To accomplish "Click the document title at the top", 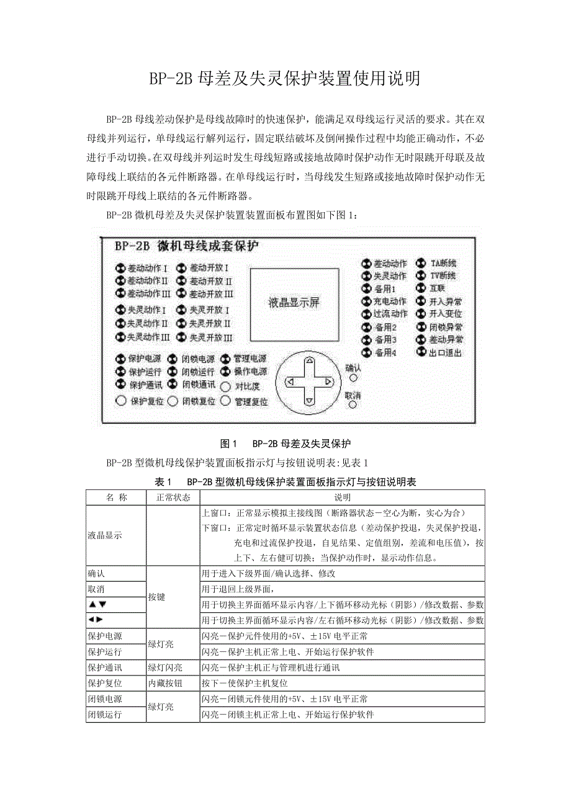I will coord(285,79).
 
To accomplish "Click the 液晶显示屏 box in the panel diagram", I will coord(294,303).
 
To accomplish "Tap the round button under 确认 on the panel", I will coord(353,377).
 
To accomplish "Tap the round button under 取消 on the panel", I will coord(353,405).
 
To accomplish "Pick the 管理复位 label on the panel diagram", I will coord(251,401).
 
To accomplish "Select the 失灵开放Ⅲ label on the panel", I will coord(210,337).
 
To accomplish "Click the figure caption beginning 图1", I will coord(285,444).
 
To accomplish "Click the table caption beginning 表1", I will coord(285,482).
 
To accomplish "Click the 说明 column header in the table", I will coord(342,497).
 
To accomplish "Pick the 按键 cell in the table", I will coord(157,597).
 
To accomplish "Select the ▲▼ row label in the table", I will coord(97,604).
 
